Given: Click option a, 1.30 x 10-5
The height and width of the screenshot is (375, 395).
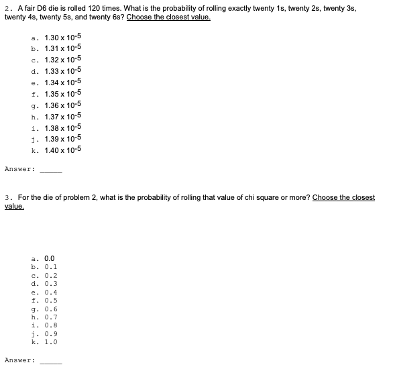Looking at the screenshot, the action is (62, 33).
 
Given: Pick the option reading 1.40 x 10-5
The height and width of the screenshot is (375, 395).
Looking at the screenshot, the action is (62, 150).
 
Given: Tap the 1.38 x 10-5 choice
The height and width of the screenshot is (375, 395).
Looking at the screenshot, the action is (62, 127).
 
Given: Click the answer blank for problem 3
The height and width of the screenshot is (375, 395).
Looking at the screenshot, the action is (50, 361).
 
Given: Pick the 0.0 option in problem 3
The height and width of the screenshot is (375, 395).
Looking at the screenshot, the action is (48, 257).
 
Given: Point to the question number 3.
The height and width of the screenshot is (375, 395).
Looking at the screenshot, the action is (7, 198).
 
